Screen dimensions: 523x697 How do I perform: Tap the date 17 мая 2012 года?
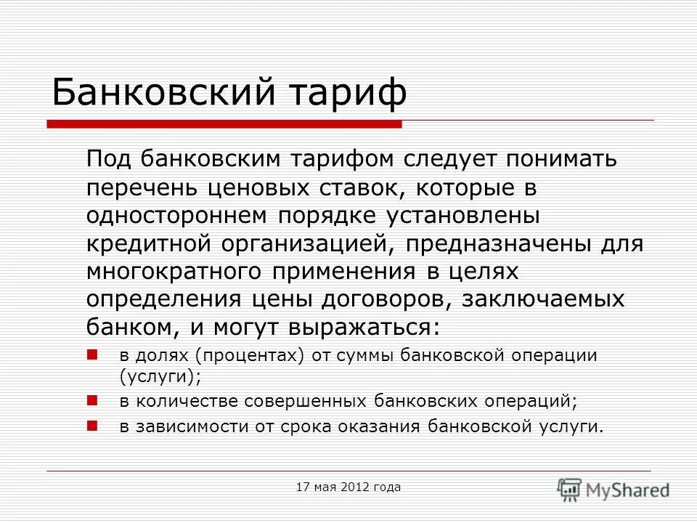click(x=348, y=487)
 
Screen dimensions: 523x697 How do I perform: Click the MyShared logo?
click(x=614, y=489)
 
